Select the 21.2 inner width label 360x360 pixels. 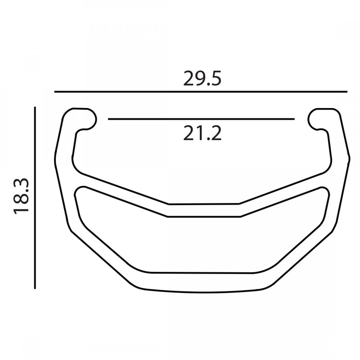202,133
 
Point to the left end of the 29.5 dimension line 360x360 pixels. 55,92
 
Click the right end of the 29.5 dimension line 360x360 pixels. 347,92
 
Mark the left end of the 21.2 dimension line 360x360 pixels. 108,119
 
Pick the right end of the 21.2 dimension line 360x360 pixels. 294,119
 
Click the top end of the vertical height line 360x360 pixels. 35,107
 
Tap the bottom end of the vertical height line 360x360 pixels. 35,288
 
